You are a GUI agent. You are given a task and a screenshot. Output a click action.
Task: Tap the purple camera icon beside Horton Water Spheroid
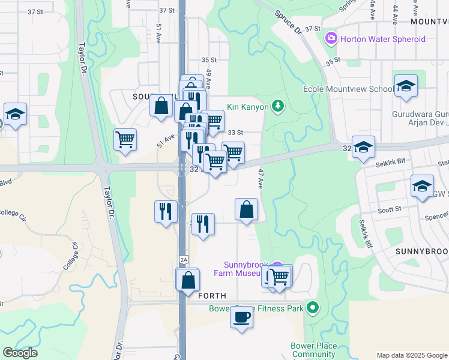(331, 39)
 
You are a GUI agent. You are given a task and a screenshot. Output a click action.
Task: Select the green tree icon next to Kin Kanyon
(277, 106)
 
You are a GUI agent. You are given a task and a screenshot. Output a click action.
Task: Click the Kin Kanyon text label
(249, 106)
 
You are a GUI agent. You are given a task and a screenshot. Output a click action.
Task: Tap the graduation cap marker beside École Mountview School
(406, 86)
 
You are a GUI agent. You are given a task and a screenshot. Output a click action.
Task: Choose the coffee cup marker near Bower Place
(241, 317)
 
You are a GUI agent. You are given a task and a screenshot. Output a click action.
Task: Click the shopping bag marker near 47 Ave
(246, 211)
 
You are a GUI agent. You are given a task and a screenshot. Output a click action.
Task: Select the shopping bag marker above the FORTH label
(188, 280)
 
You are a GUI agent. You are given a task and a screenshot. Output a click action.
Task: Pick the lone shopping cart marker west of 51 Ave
(125, 140)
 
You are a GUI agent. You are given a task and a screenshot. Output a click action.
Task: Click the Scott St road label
(390, 209)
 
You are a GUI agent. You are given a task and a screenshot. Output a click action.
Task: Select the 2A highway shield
(184, 259)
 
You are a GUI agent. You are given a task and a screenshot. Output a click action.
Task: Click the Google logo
(20, 353)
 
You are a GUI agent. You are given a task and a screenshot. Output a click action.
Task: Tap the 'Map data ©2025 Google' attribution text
(412, 355)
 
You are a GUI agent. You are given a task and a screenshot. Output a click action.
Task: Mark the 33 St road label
(235, 132)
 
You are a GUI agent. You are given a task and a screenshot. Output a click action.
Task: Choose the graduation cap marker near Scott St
(422, 186)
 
